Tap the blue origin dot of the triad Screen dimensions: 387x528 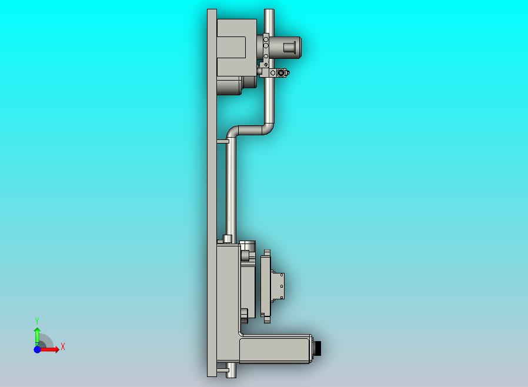pyautogui.click(x=37, y=349)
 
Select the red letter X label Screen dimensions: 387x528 pyautogui.click(x=62, y=347)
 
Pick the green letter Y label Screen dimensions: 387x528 pyautogui.click(x=37, y=321)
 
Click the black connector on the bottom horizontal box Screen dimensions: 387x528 pyautogui.click(x=319, y=348)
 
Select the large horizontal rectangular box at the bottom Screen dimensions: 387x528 pyautogui.click(x=275, y=349)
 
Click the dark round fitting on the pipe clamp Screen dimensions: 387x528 pyautogui.click(x=283, y=74)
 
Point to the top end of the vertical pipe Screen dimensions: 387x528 pyautogui.click(x=269, y=13)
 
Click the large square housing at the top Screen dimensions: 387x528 pyautogui.click(x=236, y=47)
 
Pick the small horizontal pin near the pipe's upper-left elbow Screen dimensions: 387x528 pyautogui.click(x=222, y=141)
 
